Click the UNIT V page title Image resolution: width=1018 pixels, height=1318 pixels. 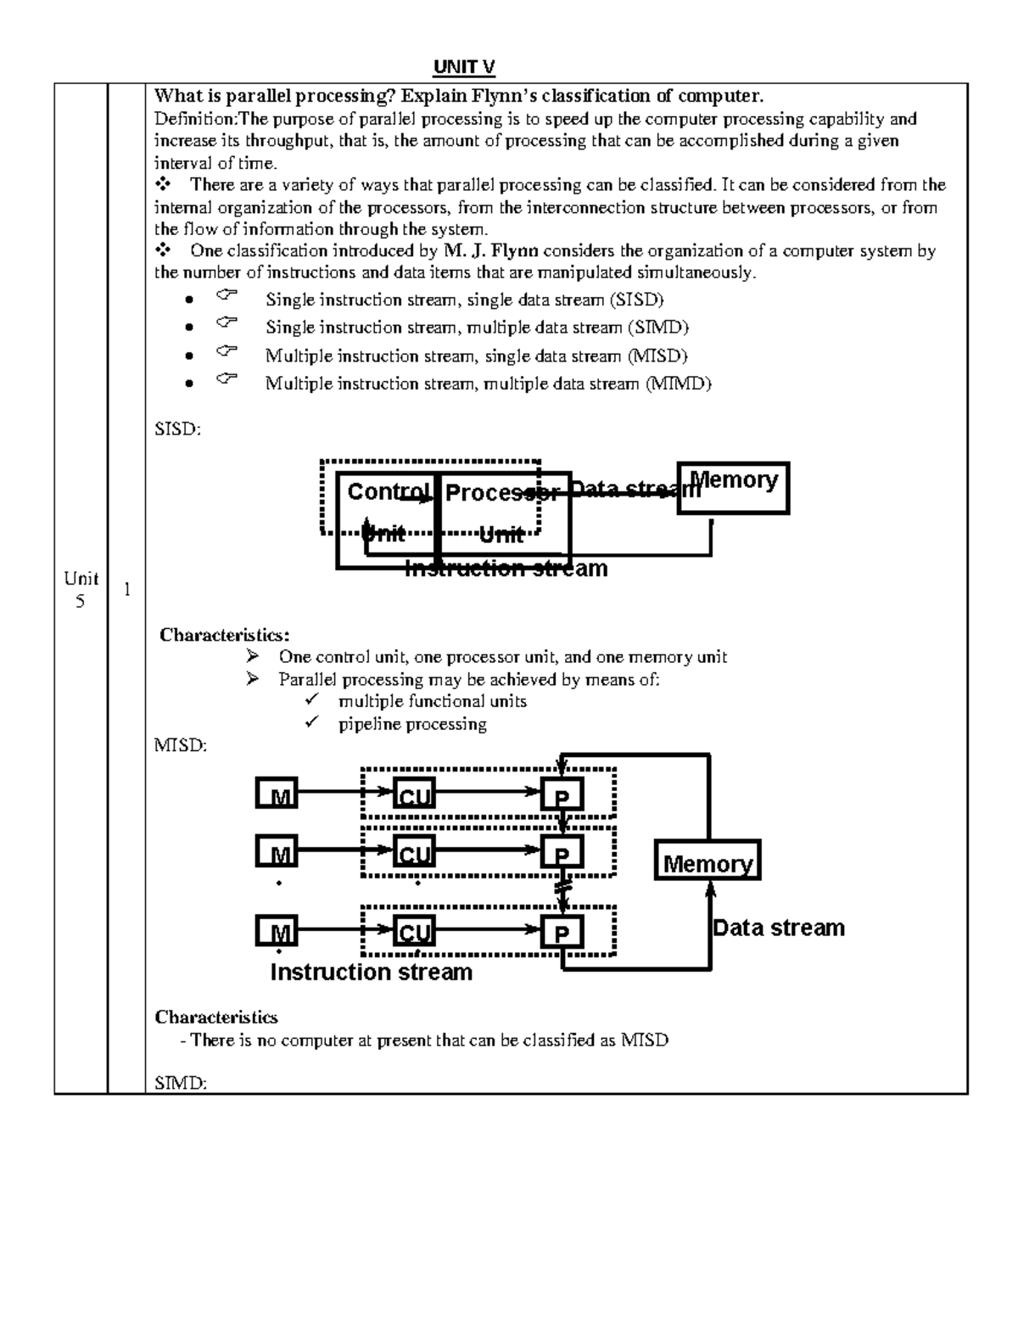[x=464, y=67]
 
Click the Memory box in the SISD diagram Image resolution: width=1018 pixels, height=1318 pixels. [x=733, y=488]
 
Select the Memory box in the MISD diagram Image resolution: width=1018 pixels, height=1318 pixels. [x=708, y=861]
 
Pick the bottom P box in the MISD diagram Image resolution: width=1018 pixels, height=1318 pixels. [x=562, y=933]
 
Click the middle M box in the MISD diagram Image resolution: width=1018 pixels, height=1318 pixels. [x=277, y=852]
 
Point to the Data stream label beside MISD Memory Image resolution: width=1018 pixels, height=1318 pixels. [x=779, y=928]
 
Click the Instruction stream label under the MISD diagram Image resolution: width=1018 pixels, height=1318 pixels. [x=371, y=973]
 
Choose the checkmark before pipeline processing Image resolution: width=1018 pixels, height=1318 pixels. [x=312, y=723]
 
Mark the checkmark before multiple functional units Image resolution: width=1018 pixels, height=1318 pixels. [x=312, y=700]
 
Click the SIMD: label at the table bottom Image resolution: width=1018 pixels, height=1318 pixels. [x=180, y=1082]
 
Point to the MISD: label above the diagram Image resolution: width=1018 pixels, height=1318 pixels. [x=180, y=746]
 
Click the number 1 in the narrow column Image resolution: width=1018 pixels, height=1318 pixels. [x=126, y=589]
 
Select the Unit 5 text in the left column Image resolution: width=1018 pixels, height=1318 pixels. [x=81, y=589]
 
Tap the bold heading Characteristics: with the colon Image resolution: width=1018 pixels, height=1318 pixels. [x=225, y=635]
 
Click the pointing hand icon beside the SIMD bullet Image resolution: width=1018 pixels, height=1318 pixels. [x=227, y=323]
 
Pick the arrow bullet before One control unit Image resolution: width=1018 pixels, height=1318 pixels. [x=252, y=656]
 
